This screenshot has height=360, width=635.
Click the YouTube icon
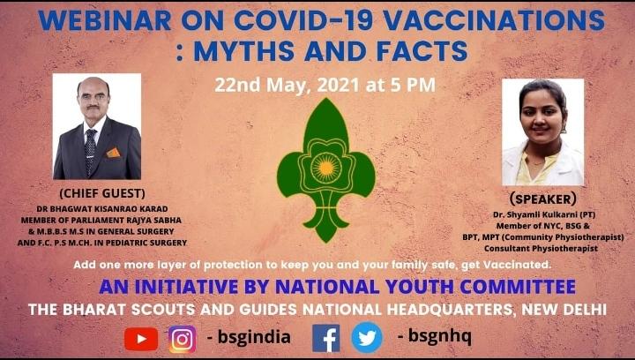click(x=141, y=338)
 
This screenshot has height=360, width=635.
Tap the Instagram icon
click(x=182, y=338)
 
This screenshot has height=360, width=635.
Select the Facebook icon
click(x=325, y=338)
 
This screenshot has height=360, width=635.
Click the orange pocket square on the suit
click(x=113, y=152)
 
